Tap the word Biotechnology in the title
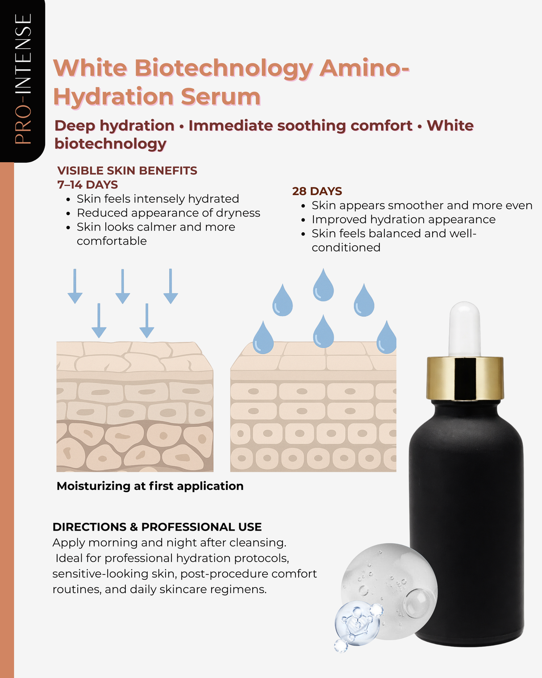[223, 68]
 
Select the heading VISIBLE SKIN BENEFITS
[127, 171]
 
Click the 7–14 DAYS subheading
[88, 185]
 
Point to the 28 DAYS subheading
[317, 191]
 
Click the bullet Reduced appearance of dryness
[168, 213]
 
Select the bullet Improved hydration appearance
[403, 219]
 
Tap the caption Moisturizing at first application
[150, 486]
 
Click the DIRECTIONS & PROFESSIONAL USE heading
[157, 527]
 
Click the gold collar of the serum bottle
[465, 377]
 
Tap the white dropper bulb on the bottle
[465, 328]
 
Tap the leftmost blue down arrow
[75, 286]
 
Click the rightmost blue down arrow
[171, 286]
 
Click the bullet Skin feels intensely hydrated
[158, 199]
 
